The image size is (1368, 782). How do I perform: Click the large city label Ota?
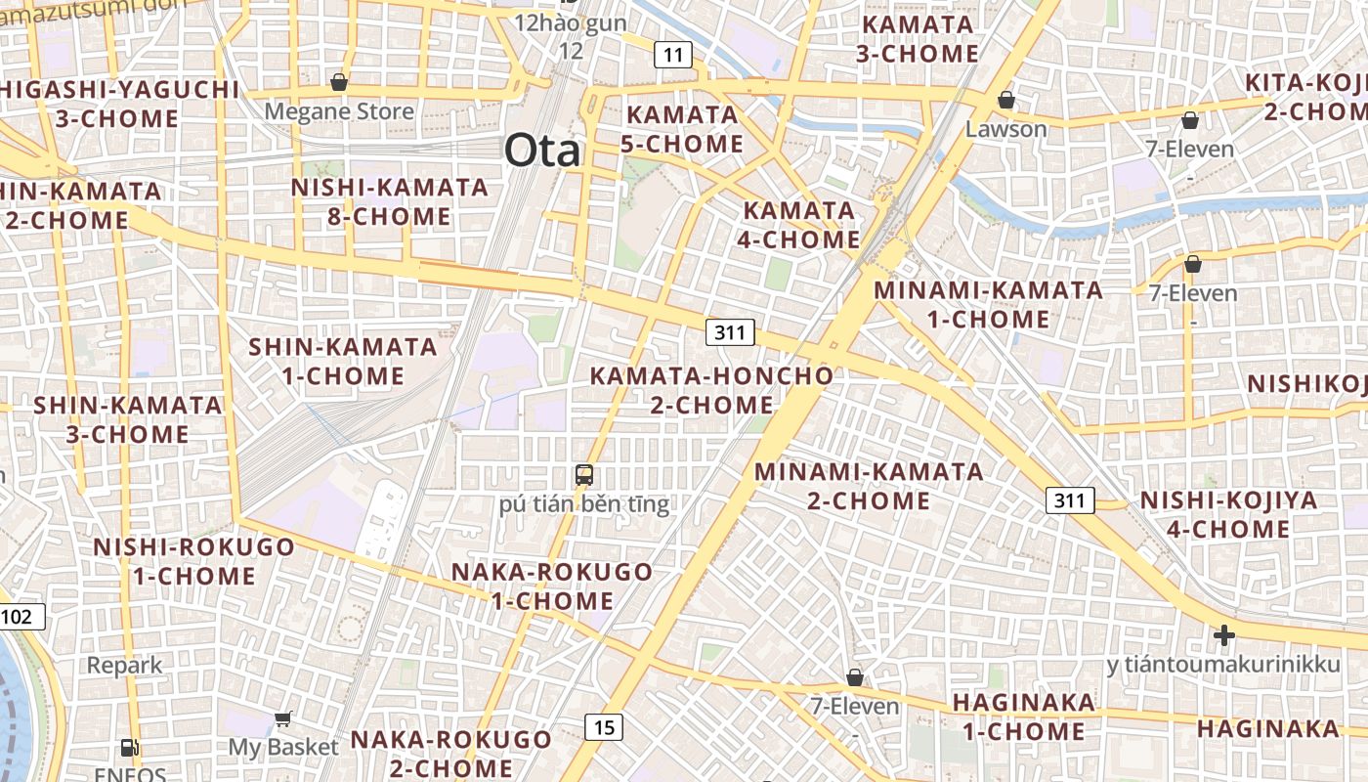click(x=542, y=152)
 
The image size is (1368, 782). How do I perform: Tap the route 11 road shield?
click(x=672, y=55)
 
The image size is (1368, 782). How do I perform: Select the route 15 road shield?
click(x=605, y=726)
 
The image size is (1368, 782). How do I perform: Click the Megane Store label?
click(x=339, y=111)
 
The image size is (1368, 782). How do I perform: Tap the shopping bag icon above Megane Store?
click(x=339, y=82)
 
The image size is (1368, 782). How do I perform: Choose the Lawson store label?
click(x=1005, y=129)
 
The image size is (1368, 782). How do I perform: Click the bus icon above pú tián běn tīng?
click(x=584, y=476)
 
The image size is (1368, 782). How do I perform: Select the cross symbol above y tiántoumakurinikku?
click(x=1223, y=636)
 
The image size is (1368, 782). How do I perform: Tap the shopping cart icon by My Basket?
click(x=283, y=719)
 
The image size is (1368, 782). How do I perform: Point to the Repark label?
click(x=125, y=666)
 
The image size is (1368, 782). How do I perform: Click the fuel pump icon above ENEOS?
click(x=129, y=748)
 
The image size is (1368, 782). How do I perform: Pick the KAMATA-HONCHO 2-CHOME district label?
click(x=711, y=390)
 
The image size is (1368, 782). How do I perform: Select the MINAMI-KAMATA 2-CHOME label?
click(x=869, y=486)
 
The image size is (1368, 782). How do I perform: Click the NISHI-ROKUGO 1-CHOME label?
click(x=193, y=561)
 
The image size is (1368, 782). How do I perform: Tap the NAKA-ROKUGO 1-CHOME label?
click(x=552, y=586)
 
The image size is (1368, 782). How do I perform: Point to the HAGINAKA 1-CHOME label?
click(x=1023, y=717)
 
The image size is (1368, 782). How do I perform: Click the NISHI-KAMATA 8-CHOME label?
click(x=390, y=201)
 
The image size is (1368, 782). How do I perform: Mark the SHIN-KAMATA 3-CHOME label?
click(x=128, y=418)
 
